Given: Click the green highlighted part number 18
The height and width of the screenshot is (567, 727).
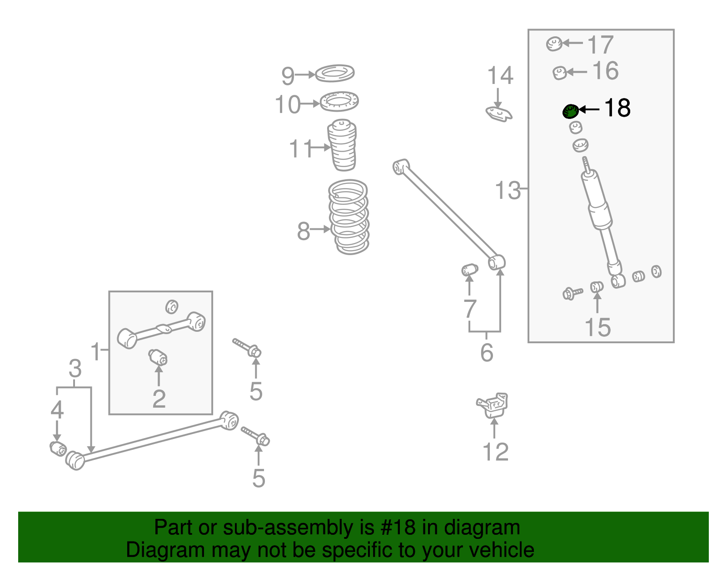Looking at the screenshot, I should click(x=570, y=111).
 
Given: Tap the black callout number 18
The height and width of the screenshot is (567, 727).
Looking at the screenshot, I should click(x=617, y=108).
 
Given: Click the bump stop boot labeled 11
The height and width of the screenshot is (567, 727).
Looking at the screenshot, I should click(x=342, y=145).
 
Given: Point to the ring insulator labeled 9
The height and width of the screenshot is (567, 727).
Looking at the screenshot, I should click(x=335, y=73).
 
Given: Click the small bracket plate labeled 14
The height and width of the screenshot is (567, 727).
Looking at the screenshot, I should click(x=499, y=113).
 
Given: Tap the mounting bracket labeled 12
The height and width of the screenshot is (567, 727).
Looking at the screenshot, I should click(x=493, y=405).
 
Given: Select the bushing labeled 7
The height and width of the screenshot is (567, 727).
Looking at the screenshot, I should click(x=470, y=270).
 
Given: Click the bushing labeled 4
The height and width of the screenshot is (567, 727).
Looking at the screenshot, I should click(x=58, y=448).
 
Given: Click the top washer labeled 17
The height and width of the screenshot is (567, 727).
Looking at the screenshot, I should click(x=554, y=44).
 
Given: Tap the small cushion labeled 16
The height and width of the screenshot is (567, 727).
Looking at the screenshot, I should click(x=559, y=72).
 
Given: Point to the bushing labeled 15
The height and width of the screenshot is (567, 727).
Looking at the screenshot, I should click(x=597, y=287).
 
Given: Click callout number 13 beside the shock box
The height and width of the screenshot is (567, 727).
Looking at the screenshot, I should click(x=508, y=190).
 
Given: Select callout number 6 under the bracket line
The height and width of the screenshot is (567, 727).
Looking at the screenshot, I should click(x=487, y=353).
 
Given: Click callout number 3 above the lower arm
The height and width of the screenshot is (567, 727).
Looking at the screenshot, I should click(x=75, y=369).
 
